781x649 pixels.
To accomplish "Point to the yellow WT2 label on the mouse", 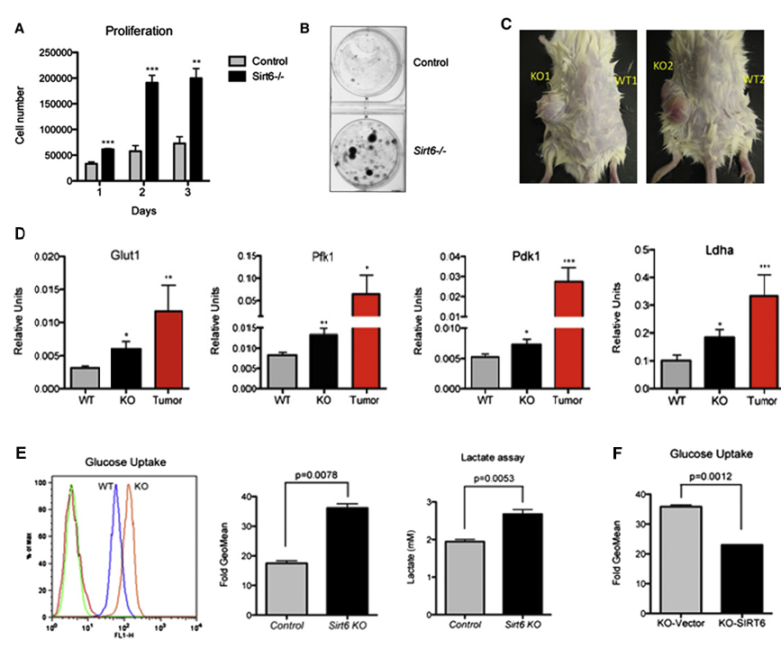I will coord(753,78).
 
